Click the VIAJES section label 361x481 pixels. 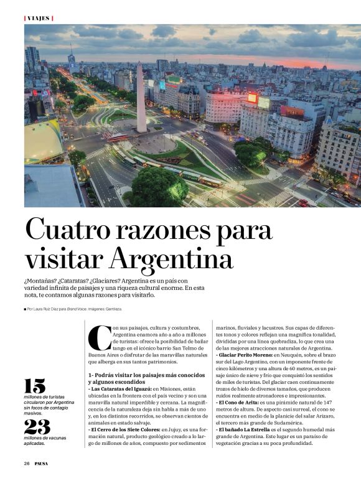coord(39,18)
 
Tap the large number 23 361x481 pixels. coord(37,427)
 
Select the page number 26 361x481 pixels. coord(27,463)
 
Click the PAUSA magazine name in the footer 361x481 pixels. coord(41,463)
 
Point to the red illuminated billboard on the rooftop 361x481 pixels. coord(253,98)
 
